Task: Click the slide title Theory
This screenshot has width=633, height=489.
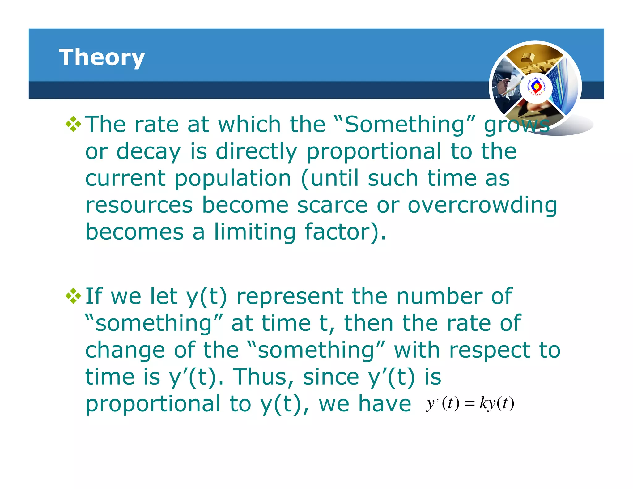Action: point(102,57)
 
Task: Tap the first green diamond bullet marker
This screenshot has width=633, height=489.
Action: point(73,125)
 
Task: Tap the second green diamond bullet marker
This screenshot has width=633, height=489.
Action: point(73,296)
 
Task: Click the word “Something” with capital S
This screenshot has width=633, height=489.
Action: point(405,124)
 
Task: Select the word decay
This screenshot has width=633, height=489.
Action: point(148,152)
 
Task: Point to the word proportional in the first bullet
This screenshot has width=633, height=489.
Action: point(374,152)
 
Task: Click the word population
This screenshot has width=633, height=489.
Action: point(233,179)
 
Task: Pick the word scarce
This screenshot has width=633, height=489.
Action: point(332,205)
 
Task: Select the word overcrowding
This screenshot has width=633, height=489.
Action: point(482,205)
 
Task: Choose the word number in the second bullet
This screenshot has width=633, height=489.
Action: point(439,296)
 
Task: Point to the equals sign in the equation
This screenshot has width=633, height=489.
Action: point(469,404)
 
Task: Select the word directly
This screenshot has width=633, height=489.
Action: point(256,152)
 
